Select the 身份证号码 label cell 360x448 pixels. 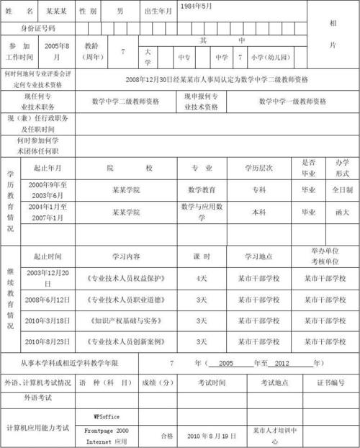tap(28, 28)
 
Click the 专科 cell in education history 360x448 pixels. tap(258, 190)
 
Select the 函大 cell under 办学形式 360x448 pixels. tap(338, 212)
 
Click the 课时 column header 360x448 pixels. tap(201, 256)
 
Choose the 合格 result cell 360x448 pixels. tap(167, 435)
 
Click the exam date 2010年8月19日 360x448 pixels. tap(212, 436)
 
